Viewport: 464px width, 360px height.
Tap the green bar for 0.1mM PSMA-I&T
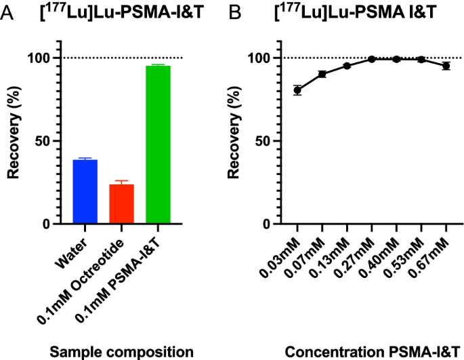tap(159, 144)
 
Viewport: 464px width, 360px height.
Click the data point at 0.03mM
tap(297, 90)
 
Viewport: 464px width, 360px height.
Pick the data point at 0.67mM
tap(446, 66)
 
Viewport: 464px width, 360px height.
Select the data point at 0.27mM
tap(372, 59)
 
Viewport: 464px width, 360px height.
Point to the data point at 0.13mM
tap(347, 66)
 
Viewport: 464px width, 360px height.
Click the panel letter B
tap(235, 11)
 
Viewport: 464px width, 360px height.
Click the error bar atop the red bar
tap(122, 182)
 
